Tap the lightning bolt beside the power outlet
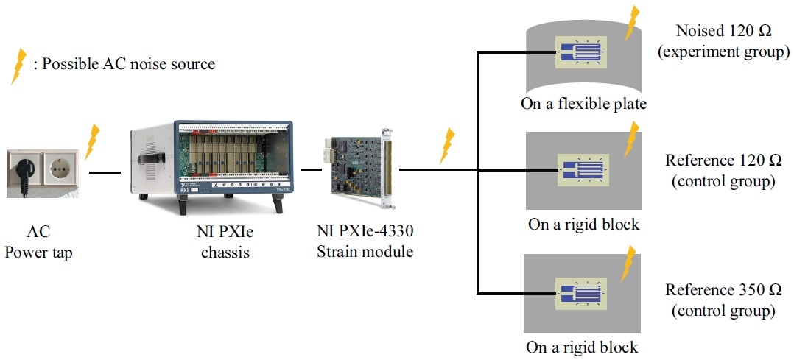(x=92, y=141)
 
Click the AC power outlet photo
(x=42, y=173)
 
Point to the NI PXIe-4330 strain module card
(x=361, y=167)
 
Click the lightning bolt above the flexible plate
(x=630, y=24)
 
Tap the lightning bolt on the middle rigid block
(x=631, y=140)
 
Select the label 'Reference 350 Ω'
(x=723, y=289)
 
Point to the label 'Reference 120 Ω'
(x=723, y=160)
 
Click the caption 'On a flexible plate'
(x=583, y=104)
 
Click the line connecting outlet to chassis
(x=104, y=173)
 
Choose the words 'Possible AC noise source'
(x=129, y=64)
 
